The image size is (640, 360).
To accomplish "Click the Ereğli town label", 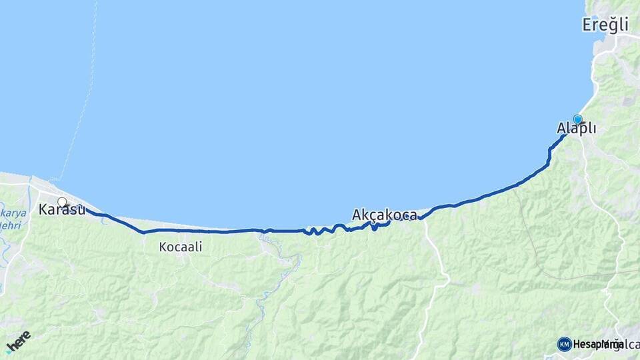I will click(x=605, y=25).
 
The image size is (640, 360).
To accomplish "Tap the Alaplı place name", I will click(x=577, y=129).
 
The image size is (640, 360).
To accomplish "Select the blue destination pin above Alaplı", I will click(x=577, y=119).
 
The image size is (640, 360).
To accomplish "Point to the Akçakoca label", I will click(x=385, y=215).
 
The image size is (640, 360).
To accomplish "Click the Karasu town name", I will click(x=62, y=210).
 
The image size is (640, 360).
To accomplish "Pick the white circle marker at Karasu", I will click(x=62, y=202).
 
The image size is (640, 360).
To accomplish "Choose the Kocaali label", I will click(x=181, y=247).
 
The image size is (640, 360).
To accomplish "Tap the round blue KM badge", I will click(x=564, y=344).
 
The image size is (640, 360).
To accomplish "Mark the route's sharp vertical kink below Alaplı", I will click(x=549, y=155).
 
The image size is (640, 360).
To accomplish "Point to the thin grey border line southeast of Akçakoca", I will click(x=533, y=247).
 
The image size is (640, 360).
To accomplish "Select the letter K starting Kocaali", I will click(x=163, y=247).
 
